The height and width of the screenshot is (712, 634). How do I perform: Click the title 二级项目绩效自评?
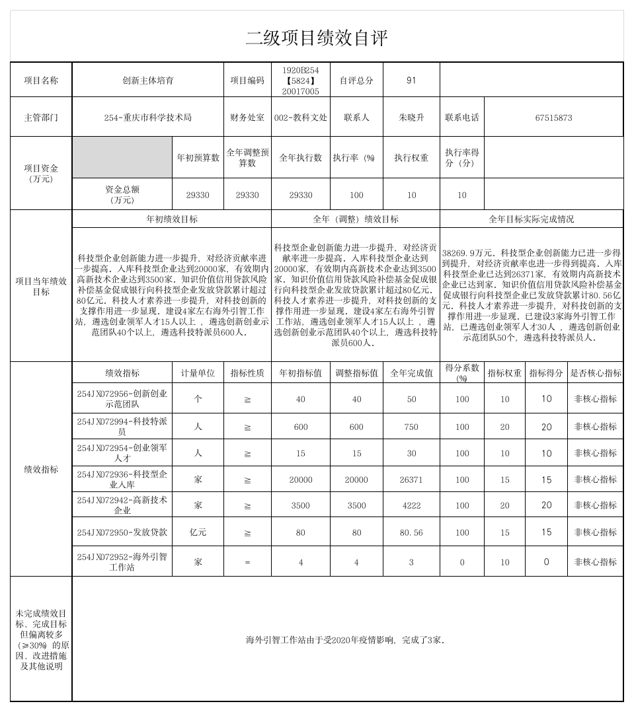point(317,38)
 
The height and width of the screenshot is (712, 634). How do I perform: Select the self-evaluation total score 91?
point(411,80)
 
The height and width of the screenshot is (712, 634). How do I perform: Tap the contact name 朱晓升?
point(411,118)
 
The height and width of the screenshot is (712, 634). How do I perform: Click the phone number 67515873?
point(553,118)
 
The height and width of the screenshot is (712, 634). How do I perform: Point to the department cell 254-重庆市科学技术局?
point(147,118)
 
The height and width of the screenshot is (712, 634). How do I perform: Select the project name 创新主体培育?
point(147,80)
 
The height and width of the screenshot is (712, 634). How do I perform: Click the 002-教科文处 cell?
point(300,118)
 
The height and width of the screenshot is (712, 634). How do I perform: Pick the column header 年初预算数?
point(198,158)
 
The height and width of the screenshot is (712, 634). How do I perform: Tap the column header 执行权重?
point(411,158)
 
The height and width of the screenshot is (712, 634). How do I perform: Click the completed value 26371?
point(411,480)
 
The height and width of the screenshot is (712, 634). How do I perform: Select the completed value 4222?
point(411,505)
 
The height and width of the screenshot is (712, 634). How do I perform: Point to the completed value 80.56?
point(411,532)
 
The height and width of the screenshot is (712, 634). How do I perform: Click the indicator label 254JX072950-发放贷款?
point(122,532)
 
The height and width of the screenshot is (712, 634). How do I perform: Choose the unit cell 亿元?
point(198,532)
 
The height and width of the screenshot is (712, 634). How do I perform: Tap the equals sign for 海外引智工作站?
point(247,562)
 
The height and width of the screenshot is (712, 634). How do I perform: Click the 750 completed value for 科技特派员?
point(411,427)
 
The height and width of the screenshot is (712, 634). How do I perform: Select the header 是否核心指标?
point(595,373)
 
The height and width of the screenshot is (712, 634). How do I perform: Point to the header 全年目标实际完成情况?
point(531,219)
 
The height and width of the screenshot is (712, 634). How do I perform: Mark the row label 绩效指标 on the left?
point(41,470)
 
